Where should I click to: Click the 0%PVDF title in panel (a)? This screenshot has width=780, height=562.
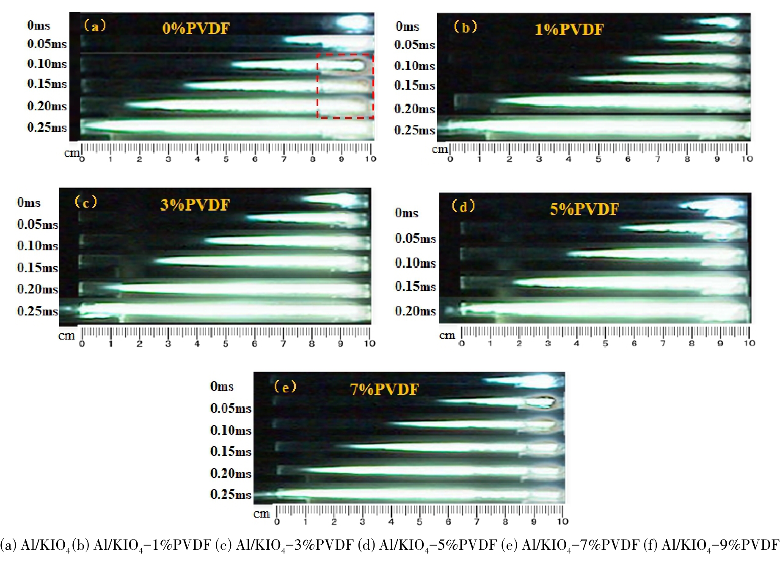[196, 28]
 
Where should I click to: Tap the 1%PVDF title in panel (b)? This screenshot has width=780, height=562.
[569, 30]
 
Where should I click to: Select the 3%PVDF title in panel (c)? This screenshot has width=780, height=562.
[195, 205]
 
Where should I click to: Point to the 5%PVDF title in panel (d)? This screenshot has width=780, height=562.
[584, 209]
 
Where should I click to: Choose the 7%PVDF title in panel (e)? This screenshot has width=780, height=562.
[384, 389]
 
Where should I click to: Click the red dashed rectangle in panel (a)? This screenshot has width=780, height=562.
[345, 86]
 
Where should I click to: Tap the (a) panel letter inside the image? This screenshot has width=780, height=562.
[95, 26]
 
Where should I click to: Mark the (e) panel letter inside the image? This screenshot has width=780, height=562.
[285, 386]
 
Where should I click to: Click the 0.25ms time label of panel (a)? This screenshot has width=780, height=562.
[47, 127]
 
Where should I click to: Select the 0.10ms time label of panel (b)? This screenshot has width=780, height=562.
[414, 66]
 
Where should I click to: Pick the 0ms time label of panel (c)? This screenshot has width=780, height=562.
[29, 202]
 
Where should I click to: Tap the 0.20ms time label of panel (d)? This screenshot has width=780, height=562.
[415, 311]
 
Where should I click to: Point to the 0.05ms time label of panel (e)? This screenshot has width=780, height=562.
[231, 408]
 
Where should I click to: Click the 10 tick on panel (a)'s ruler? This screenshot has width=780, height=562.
[371, 159]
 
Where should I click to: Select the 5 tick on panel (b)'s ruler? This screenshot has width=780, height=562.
[598, 159]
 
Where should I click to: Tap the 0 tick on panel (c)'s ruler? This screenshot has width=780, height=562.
[82, 344]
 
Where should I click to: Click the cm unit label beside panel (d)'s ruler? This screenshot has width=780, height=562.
[447, 335]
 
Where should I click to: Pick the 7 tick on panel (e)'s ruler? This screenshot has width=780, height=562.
[477, 522]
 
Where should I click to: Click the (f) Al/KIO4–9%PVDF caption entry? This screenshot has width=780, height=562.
[711, 545]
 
